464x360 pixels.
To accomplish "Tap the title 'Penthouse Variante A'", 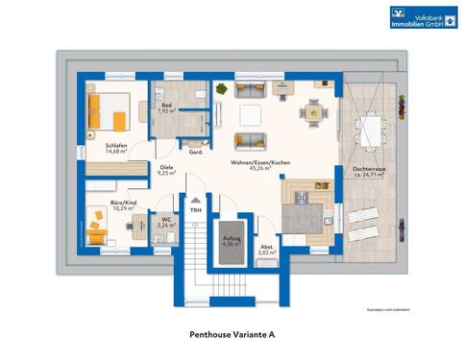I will (x=232, y=335).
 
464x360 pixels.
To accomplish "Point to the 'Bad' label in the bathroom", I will (x=166, y=106).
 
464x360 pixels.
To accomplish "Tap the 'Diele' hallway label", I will (x=165, y=169).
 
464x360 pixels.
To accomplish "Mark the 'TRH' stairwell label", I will (x=196, y=209).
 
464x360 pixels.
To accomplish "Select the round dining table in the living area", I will (x=312, y=111).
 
